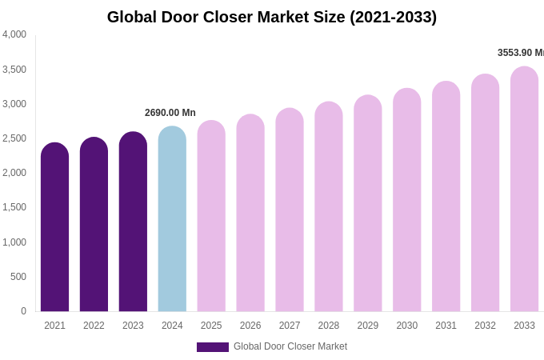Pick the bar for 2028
pyautogui.click(x=329, y=207)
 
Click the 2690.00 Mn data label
pyautogui.click(x=170, y=113)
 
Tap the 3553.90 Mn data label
pyautogui.click(x=520, y=53)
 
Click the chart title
pyautogui.click(x=272, y=17)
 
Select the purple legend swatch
pyautogui.click(x=213, y=347)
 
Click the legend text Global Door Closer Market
pyautogui.click(x=290, y=346)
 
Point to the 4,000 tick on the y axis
pyautogui.click(x=14, y=34)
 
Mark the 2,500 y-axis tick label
pyautogui.click(x=14, y=138)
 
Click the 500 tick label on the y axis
pyautogui.click(x=18, y=277)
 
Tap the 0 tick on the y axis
pyautogui.click(x=23, y=311)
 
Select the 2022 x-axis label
pyautogui.click(x=94, y=326)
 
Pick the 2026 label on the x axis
pyautogui.click(x=250, y=326)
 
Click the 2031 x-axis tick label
pyautogui.click(x=446, y=326)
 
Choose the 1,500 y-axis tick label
pyautogui.click(x=14, y=207)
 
